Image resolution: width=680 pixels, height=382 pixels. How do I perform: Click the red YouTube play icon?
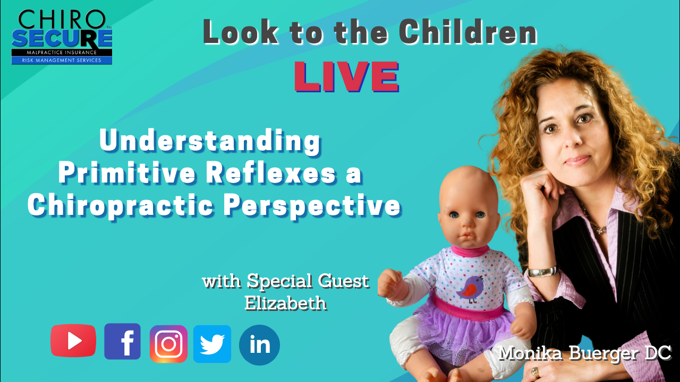pos(73,341)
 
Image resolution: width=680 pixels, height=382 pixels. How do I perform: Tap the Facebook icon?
pos(122,341)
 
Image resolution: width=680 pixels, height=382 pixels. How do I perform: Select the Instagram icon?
pos(168,344)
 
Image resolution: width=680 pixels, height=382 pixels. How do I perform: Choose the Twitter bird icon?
pos(212,344)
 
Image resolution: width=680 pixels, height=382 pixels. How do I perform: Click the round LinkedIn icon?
pos(259,345)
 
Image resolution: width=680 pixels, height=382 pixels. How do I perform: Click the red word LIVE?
pos(346,76)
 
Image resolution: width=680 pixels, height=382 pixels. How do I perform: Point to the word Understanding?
pos(210,142)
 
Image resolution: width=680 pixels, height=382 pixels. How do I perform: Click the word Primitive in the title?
pos(127,173)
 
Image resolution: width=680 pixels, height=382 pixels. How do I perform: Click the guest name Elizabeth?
pos(285,302)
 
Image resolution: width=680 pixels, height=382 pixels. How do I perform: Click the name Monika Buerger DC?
pos(584,353)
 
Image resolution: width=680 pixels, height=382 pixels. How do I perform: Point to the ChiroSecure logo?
pos(62,37)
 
